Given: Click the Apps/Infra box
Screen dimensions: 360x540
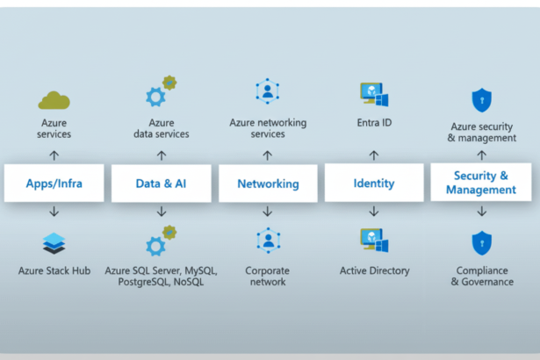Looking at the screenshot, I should (54, 184).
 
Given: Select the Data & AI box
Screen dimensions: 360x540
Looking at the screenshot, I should (161, 184).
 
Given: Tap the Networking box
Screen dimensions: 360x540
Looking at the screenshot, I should (268, 184).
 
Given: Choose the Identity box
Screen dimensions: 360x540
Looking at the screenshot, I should (373, 184).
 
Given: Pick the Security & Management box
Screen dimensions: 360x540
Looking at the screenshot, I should (480, 183).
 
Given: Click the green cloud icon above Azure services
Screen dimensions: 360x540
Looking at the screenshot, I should (54, 100).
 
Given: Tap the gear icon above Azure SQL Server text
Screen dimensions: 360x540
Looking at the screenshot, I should (161, 241).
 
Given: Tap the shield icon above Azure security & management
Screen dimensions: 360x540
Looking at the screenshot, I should (480, 98).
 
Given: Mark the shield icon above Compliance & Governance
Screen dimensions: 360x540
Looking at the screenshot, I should (480, 243).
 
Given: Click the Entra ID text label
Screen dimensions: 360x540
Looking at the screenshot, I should (374, 123).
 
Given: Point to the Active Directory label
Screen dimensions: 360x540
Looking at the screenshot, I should (374, 270).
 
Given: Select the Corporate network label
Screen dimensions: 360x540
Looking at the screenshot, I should (267, 276).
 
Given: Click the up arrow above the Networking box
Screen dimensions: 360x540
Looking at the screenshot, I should (268, 155).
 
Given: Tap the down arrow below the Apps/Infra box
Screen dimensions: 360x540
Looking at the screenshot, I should (54, 212).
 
